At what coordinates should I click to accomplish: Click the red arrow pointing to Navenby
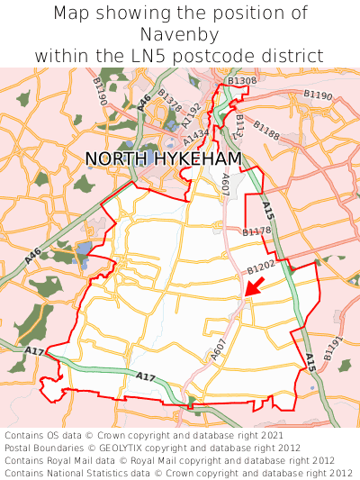tap(255, 287)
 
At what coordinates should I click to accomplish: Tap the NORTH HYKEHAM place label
tap(163, 158)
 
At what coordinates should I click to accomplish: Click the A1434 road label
tap(196, 136)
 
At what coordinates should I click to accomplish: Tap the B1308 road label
tap(240, 81)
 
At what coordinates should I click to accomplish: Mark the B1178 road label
tap(256, 231)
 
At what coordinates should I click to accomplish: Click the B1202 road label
tap(261, 267)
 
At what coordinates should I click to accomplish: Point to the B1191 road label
tap(333, 349)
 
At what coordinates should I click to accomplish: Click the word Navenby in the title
tap(180, 34)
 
